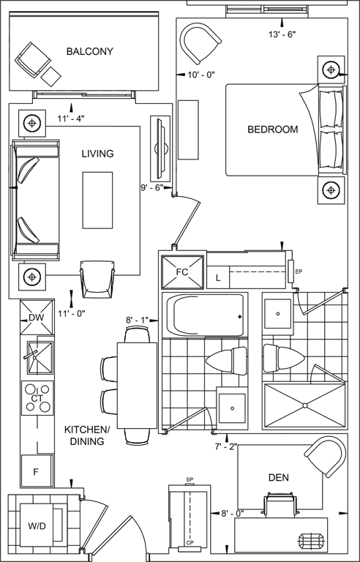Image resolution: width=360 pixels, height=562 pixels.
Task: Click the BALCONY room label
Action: [x=90, y=51]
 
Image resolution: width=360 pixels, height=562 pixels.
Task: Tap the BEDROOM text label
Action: [x=272, y=130]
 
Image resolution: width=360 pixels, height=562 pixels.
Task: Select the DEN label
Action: [x=279, y=477]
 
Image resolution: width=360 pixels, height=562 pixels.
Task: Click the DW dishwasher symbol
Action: [x=37, y=317]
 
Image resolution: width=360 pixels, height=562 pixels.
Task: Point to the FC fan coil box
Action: [x=182, y=271]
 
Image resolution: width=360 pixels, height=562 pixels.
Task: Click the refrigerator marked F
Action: [x=37, y=471]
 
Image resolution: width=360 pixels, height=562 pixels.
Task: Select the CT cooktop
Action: [x=37, y=398]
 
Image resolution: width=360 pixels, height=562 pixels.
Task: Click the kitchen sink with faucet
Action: [x=40, y=358]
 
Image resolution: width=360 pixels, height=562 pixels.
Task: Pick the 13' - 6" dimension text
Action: [x=282, y=34]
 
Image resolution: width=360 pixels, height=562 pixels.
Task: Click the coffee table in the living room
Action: [x=98, y=200]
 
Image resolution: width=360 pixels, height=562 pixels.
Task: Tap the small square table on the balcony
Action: [x=51, y=76]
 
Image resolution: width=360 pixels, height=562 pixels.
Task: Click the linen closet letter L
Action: [x=218, y=278]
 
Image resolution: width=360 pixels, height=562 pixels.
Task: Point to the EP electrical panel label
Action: [x=299, y=271]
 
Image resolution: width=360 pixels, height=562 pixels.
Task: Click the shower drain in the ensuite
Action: [x=305, y=405]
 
